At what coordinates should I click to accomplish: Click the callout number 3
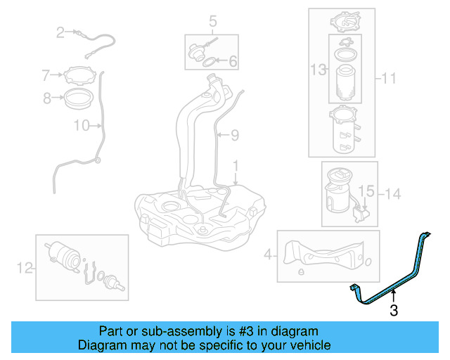(394, 309)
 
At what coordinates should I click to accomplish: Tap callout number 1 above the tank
(236, 167)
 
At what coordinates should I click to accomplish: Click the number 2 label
(60, 32)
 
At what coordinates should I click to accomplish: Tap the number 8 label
(46, 98)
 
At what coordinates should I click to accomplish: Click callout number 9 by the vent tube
(235, 134)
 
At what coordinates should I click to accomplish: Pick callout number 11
(390, 79)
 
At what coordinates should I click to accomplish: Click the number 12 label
(25, 266)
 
